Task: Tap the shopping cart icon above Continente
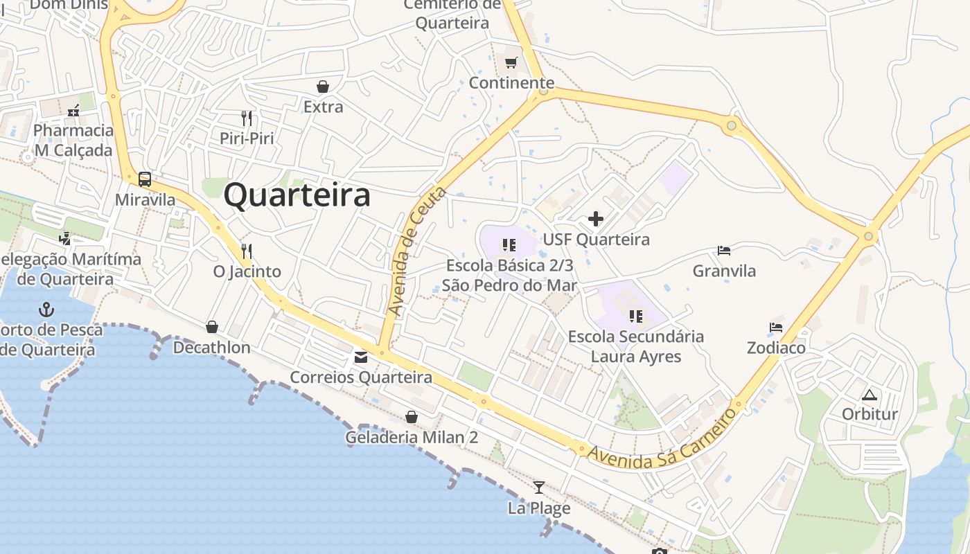coord(511,63)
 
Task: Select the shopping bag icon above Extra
coord(322,87)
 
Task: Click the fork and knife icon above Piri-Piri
coord(247,118)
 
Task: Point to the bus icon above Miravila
coord(144,179)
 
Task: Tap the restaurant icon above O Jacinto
coord(247,251)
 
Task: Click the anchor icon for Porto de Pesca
coord(46,309)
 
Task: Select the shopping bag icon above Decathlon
coord(212,327)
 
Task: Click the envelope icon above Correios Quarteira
coord(361,357)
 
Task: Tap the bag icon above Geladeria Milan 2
coord(412,417)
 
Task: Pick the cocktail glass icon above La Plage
coord(539,488)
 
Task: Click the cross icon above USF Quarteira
coord(596,220)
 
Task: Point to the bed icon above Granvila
coord(724,250)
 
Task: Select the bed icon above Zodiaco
coord(776,327)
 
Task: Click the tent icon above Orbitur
coord(870,395)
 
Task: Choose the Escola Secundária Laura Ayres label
coord(635,346)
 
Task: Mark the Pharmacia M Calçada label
coord(73,140)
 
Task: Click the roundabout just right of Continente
coord(544,90)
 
